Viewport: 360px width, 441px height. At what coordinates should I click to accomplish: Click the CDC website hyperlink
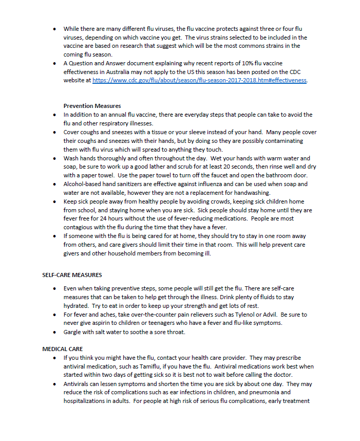[199, 81]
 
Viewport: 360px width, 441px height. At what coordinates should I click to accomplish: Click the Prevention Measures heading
[92, 106]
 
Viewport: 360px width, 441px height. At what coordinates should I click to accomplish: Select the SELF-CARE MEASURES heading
[72, 275]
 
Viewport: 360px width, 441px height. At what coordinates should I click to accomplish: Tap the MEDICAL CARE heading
[62, 349]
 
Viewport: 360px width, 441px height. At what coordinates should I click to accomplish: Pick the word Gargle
[73, 332]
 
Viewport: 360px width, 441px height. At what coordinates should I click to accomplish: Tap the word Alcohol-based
[82, 183]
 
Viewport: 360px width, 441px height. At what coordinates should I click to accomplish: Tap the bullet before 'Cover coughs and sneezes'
[54, 132]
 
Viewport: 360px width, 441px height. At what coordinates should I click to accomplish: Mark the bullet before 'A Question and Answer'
[54, 64]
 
